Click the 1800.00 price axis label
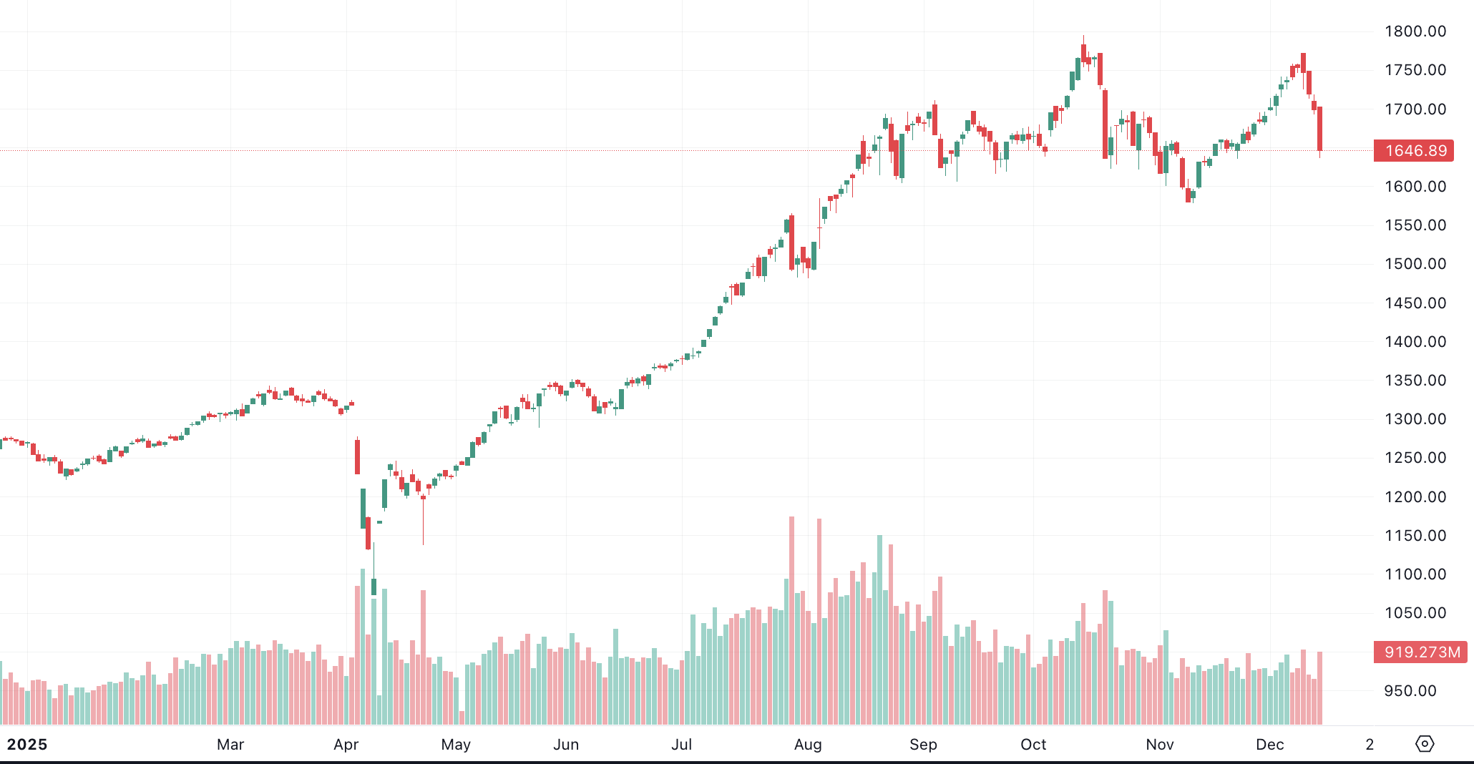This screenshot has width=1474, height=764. (1415, 31)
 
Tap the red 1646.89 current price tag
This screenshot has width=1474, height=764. (1414, 151)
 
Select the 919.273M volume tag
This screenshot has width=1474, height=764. (1420, 652)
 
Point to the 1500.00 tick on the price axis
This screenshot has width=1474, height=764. (1415, 264)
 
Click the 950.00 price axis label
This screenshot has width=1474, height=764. (1410, 691)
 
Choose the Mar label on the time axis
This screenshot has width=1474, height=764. (230, 745)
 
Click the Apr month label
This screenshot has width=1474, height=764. (346, 745)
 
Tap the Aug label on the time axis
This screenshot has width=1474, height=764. (808, 745)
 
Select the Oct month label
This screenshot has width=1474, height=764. (1033, 745)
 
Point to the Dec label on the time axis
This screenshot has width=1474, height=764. (1270, 745)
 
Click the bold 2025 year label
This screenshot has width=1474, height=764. (27, 745)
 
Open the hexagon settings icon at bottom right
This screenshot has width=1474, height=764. (1425, 744)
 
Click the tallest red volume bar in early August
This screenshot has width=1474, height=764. (791, 615)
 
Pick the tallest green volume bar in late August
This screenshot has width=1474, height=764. (879, 622)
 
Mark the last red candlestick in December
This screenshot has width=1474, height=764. (1319, 129)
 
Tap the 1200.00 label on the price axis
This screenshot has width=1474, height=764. (1415, 497)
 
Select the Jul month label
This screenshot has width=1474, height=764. (682, 745)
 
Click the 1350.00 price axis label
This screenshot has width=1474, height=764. (1415, 381)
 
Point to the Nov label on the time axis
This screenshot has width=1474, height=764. (1160, 745)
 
